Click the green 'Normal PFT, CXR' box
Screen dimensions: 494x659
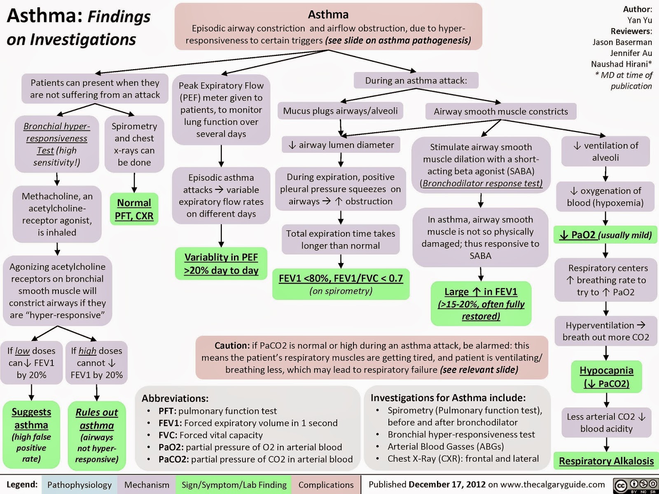pos(134,209)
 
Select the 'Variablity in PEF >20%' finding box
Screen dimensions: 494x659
pos(221,263)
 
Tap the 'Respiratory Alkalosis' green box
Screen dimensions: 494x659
pos(606,461)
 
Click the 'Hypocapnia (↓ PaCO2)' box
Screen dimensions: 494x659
pos(606,377)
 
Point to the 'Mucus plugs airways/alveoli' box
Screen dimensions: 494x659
pos(340,111)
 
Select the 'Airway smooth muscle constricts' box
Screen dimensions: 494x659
pos(500,111)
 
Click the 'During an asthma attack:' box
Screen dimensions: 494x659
pos(416,80)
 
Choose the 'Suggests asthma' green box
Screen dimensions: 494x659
pos(31,434)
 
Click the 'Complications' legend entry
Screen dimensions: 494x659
pos(326,485)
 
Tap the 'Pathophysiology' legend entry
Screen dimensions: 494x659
pos(79,485)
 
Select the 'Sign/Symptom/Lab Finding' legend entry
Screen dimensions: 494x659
pos(234,485)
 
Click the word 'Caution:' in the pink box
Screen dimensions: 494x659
pos(232,345)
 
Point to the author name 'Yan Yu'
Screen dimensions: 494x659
pos(639,20)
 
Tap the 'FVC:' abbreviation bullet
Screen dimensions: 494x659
pos(169,435)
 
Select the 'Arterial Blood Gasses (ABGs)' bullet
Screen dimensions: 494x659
pos(445,446)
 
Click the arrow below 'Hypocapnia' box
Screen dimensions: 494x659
pos(606,400)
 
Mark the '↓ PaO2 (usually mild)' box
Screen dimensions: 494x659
pos(605,235)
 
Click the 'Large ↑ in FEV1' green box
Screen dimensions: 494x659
pos(481,303)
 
